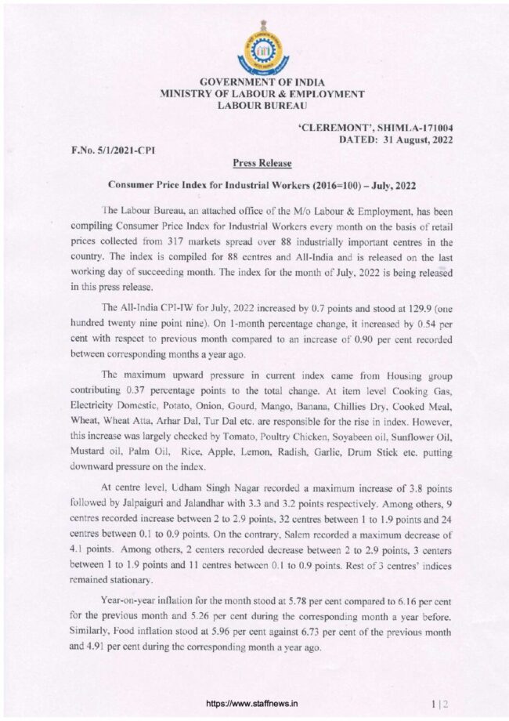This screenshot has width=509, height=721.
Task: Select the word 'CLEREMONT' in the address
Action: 330,127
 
